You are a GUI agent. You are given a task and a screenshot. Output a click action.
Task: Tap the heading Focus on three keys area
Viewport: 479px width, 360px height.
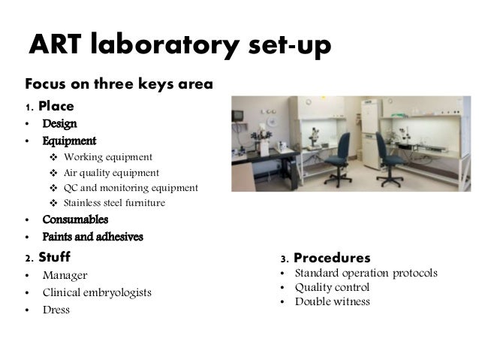point(119,83)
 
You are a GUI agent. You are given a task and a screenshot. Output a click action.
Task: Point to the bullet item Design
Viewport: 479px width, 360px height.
point(59,123)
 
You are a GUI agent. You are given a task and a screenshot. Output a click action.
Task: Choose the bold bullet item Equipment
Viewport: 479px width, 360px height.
point(69,141)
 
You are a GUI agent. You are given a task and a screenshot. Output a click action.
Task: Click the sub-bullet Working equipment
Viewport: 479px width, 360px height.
point(108,157)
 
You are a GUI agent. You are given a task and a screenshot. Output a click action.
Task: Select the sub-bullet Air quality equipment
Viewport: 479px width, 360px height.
point(111,173)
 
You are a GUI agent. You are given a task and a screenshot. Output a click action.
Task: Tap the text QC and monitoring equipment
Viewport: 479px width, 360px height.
point(131,188)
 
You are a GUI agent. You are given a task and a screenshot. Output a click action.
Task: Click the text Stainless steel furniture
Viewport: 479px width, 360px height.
point(114,203)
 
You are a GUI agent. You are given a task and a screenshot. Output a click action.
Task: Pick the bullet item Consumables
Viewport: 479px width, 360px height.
point(75,220)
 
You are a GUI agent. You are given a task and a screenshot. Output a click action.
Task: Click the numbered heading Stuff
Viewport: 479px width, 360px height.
point(54,258)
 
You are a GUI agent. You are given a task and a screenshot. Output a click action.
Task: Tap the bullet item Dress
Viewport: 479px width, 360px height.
point(56,310)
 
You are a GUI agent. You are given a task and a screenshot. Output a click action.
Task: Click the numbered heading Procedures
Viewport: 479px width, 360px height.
point(332,258)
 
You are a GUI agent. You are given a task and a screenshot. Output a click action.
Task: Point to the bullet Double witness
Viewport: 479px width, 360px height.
point(332,302)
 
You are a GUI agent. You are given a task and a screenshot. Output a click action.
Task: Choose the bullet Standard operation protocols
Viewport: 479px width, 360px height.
point(366,273)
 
